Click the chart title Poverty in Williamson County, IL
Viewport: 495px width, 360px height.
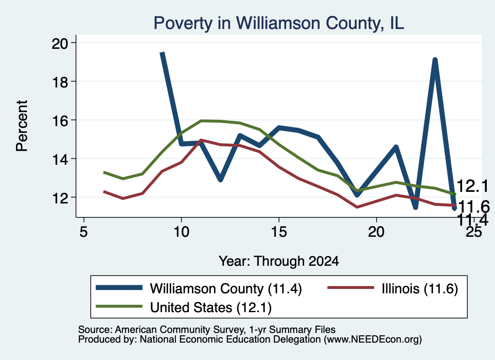(279, 23)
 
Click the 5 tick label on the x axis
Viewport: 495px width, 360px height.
(83, 232)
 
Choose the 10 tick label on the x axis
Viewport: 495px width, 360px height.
(181, 232)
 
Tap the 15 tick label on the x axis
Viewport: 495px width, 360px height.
(279, 232)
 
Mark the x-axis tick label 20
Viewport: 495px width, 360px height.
(376, 232)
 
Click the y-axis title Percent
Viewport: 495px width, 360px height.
(22, 126)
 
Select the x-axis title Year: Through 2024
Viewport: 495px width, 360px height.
(279, 261)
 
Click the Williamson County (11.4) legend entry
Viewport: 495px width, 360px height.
(199, 288)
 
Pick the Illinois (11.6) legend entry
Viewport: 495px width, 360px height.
(393, 288)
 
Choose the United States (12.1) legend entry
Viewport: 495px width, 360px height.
(184, 307)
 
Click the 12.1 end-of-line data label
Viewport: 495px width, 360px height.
(473, 186)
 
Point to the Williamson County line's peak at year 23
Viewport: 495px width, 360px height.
(435, 60)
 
